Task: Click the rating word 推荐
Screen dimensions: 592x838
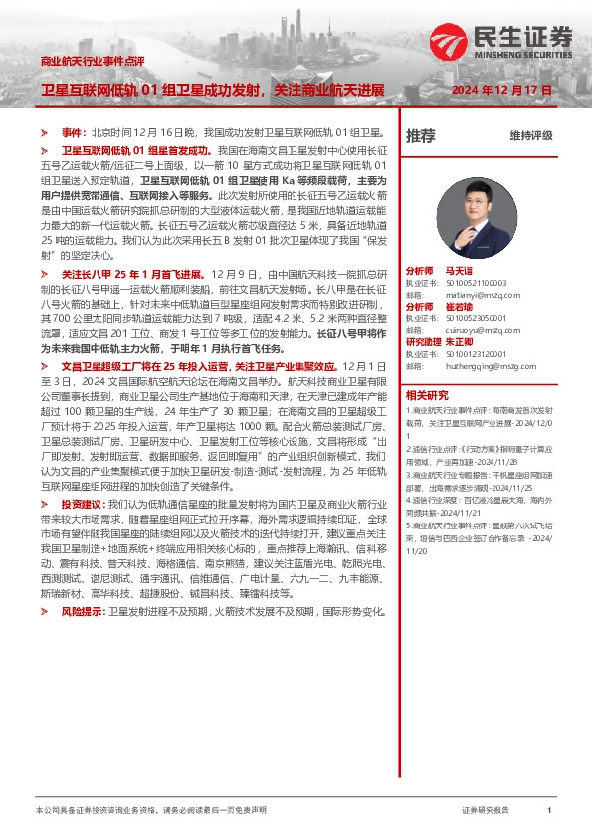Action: pos(421,135)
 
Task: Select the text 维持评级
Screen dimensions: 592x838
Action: pos(530,135)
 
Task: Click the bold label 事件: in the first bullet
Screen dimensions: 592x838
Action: pos(75,132)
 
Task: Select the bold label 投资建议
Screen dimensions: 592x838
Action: pos(83,506)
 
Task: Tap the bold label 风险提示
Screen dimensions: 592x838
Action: pos(83,610)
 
